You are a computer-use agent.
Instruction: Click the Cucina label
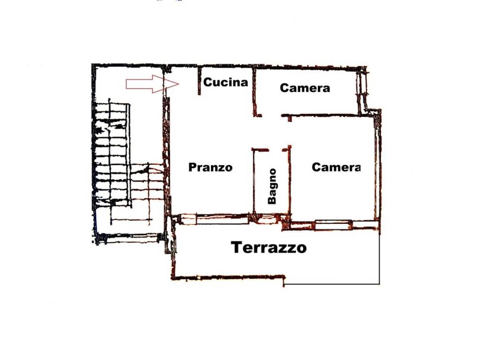pos(225,82)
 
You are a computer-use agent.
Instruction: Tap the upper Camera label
pos(305,88)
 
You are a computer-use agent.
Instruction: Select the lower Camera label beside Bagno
pos(336,167)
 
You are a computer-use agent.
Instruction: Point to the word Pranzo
pos(210,167)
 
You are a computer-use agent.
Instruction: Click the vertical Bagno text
pos(272,186)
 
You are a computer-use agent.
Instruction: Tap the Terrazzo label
pos(269,247)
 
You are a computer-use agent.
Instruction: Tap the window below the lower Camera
pos(333,224)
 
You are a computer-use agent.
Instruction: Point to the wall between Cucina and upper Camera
pos(255,92)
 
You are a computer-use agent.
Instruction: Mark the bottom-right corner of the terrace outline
pos(380,284)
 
